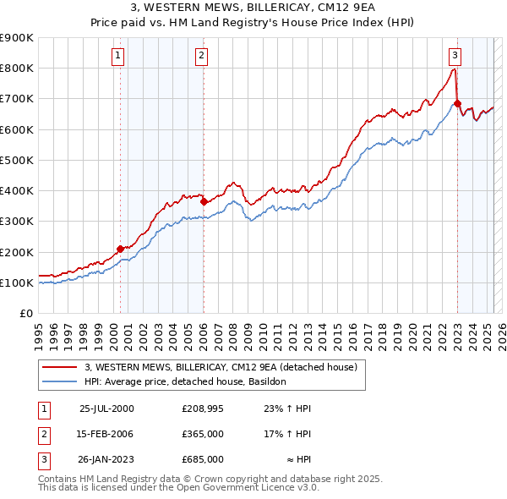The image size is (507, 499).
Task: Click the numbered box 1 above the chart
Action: point(117,57)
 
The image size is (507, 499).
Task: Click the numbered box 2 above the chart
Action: point(203,57)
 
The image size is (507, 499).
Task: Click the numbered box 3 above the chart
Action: point(455,57)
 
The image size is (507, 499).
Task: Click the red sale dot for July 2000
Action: point(121,249)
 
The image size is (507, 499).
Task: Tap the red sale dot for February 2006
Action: point(204,201)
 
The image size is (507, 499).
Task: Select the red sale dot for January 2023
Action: point(457,103)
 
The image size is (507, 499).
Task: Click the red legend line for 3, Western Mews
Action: point(59,367)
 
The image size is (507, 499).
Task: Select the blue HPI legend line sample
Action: point(59,381)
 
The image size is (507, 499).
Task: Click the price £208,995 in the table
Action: point(202,409)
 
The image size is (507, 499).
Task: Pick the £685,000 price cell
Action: point(202,459)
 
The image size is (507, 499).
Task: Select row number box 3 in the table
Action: point(41,459)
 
